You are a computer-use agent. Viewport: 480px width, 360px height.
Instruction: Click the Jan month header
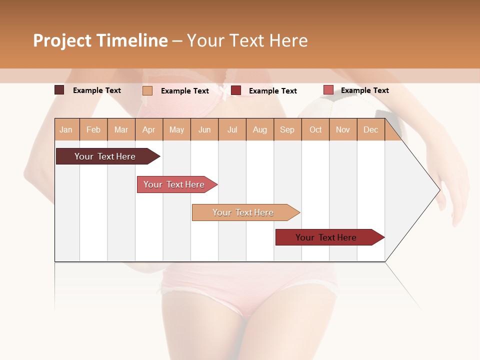66,130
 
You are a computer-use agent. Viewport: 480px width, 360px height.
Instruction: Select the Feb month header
93,130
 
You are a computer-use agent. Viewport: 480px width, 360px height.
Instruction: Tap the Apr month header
149,130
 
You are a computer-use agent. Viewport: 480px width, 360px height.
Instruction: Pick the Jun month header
204,130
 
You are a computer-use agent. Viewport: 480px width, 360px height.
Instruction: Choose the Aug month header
260,130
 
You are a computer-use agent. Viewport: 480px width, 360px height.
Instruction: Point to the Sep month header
287,130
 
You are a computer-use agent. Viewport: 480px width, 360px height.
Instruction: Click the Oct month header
315,130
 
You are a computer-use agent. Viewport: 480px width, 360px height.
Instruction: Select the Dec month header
370,130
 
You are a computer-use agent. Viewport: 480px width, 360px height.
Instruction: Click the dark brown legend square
59,90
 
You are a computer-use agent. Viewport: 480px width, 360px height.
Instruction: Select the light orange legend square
147,90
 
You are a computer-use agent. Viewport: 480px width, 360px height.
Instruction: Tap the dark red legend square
236,90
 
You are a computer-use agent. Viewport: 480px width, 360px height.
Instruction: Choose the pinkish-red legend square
328,90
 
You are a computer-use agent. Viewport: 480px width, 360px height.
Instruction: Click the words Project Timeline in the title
100,40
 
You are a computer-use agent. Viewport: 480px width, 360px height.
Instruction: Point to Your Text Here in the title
247,40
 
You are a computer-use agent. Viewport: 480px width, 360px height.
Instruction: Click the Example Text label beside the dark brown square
97,90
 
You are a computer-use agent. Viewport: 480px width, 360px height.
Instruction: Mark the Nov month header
343,130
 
